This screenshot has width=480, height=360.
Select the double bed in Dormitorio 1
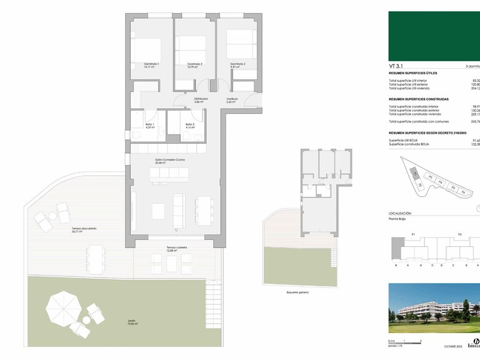click(147, 49)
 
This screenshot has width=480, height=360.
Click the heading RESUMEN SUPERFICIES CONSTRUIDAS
click(419, 99)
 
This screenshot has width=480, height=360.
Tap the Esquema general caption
click(297, 292)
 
